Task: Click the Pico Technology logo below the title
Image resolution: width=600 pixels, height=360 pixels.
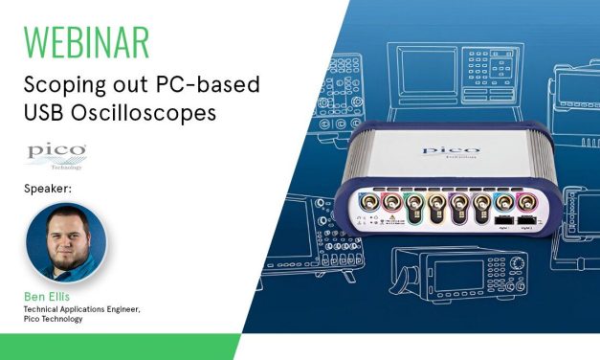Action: click(x=57, y=155)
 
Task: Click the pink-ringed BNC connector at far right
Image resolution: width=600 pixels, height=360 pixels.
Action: click(x=525, y=204)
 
